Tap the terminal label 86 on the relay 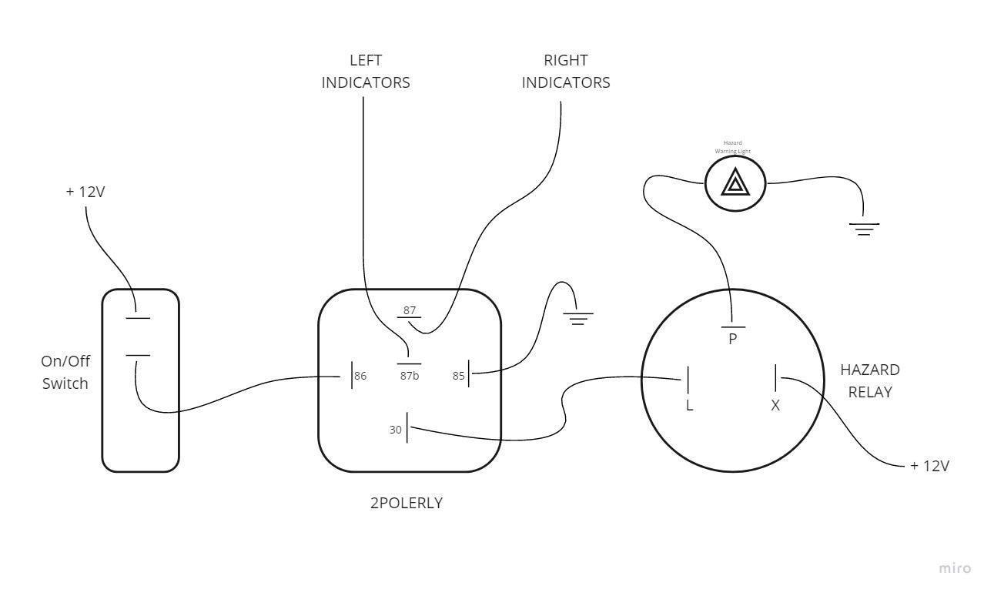(x=360, y=377)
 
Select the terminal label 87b (x=409, y=376)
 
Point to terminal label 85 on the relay (x=459, y=377)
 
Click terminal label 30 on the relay (x=396, y=430)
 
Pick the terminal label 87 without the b (x=410, y=310)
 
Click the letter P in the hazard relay (x=733, y=338)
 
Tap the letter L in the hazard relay (x=689, y=405)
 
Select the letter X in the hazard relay (x=775, y=405)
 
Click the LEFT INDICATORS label (x=366, y=72)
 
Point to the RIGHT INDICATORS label (x=566, y=72)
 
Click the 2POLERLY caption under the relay (x=407, y=504)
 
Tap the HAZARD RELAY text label (x=870, y=380)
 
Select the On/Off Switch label (x=65, y=372)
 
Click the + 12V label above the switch (x=85, y=192)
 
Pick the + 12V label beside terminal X (x=929, y=466)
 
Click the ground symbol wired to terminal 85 (x=577, y=317)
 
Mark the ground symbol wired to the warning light (x=864, y=229)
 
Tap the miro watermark (x=955, y=568)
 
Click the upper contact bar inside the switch (x=138, y=317)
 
